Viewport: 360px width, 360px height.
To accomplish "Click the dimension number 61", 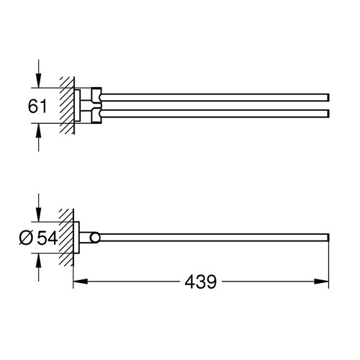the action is [x=37, y=106].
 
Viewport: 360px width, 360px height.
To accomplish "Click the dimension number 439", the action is [x=201, y=282].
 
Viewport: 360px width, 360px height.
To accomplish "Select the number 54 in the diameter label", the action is [x=48, y=238].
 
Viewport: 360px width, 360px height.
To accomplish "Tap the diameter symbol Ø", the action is [x=26, y=238].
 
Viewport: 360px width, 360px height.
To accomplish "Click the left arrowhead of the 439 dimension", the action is [x=81, y=282].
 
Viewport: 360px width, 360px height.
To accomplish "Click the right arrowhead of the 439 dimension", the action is [x=321, y=282].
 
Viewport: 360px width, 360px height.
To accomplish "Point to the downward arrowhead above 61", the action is [x=38, y=81].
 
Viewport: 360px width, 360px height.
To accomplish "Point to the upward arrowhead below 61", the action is [x=38, y=130].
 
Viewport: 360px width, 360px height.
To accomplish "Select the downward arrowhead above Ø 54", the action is [x=38, y=215].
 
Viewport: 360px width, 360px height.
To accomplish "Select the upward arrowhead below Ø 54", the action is [x=38, y=260].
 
